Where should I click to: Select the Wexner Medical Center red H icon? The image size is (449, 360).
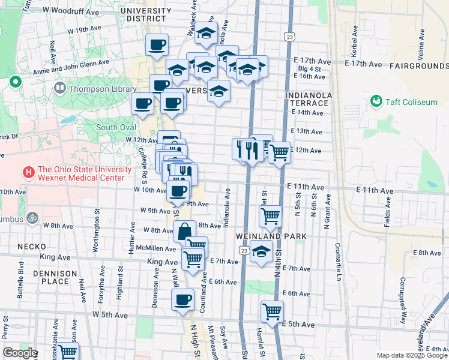[x=28, y=173]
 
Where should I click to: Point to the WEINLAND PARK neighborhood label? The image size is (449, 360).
[x=271, y=236]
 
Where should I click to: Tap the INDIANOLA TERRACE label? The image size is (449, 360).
[x=308, y=99]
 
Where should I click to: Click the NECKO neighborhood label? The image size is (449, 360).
[x=28, y=247]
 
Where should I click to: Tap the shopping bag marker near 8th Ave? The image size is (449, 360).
[x=184, y=230]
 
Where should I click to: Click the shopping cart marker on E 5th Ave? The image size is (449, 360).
[x=272, y=312]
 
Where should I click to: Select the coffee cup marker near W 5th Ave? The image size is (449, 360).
[x=182, y=299]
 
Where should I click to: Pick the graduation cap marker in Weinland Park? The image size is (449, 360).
[x=261, y=253]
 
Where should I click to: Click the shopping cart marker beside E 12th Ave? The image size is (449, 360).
[x=279, y=153]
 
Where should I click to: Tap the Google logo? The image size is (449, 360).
[x=20, y=353]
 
